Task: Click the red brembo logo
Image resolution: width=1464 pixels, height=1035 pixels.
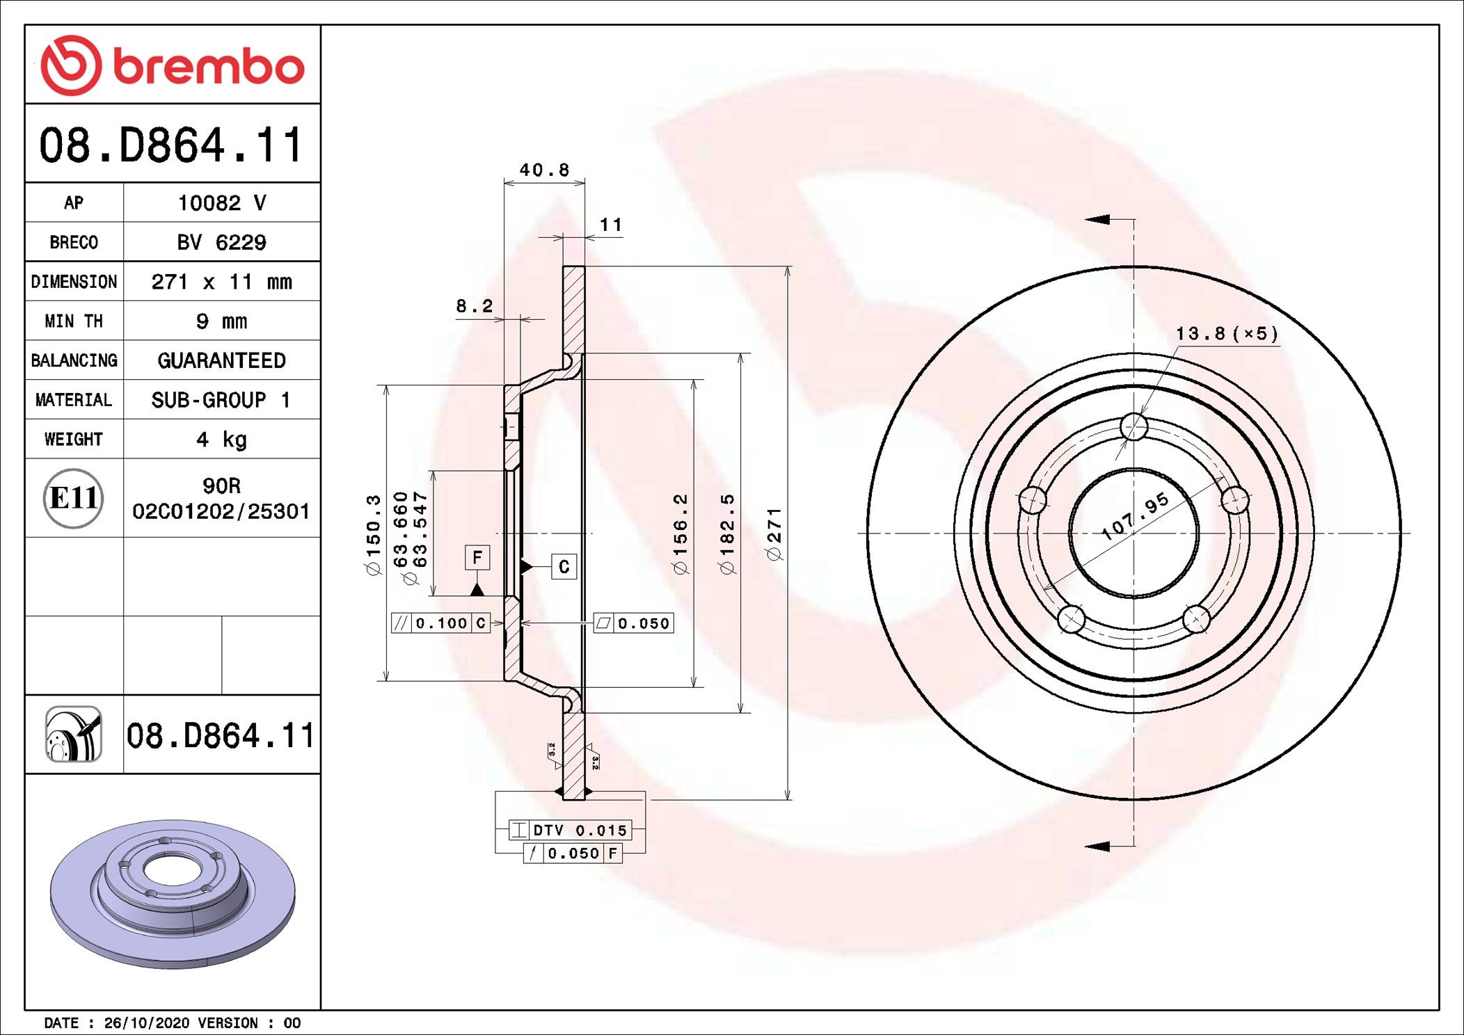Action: (x=172, y=65)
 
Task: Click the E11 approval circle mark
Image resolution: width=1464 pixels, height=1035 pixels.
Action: (x=73, y=498)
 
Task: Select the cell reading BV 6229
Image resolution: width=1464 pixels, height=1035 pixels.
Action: (x=221, y=242)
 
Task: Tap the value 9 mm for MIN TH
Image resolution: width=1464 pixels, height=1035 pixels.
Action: (x=221, y=321)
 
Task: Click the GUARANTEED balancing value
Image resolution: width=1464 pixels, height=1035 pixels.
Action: (x=221, y=360)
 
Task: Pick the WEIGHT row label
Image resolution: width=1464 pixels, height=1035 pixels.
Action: (x=73, y=440)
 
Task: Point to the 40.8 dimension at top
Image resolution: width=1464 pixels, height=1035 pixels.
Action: (x=544, y=170)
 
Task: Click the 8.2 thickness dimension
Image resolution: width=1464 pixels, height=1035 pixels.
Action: (x=474, y=306)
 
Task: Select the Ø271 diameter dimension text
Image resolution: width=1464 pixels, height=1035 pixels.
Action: (x=774, y=533)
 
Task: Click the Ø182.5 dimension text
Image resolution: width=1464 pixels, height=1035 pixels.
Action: (x=727, y=533)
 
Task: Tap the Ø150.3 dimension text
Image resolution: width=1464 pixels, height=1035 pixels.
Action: (x=374, y=534)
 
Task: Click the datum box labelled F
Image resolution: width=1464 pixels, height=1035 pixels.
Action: (x=477, y=557)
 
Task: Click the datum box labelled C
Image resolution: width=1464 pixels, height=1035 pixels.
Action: (x=564, y=567)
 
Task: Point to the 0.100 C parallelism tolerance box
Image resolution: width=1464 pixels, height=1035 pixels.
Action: (x=440, y=623)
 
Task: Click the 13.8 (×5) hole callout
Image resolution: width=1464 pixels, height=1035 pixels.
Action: (x=1227, y=334)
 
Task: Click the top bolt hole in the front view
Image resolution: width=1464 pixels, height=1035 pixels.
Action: (x=1134, y=427)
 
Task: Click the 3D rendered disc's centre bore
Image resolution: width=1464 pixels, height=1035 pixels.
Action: (x=173, y=872)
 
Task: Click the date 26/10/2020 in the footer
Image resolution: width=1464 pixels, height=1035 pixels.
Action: (x=146, y=1023)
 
